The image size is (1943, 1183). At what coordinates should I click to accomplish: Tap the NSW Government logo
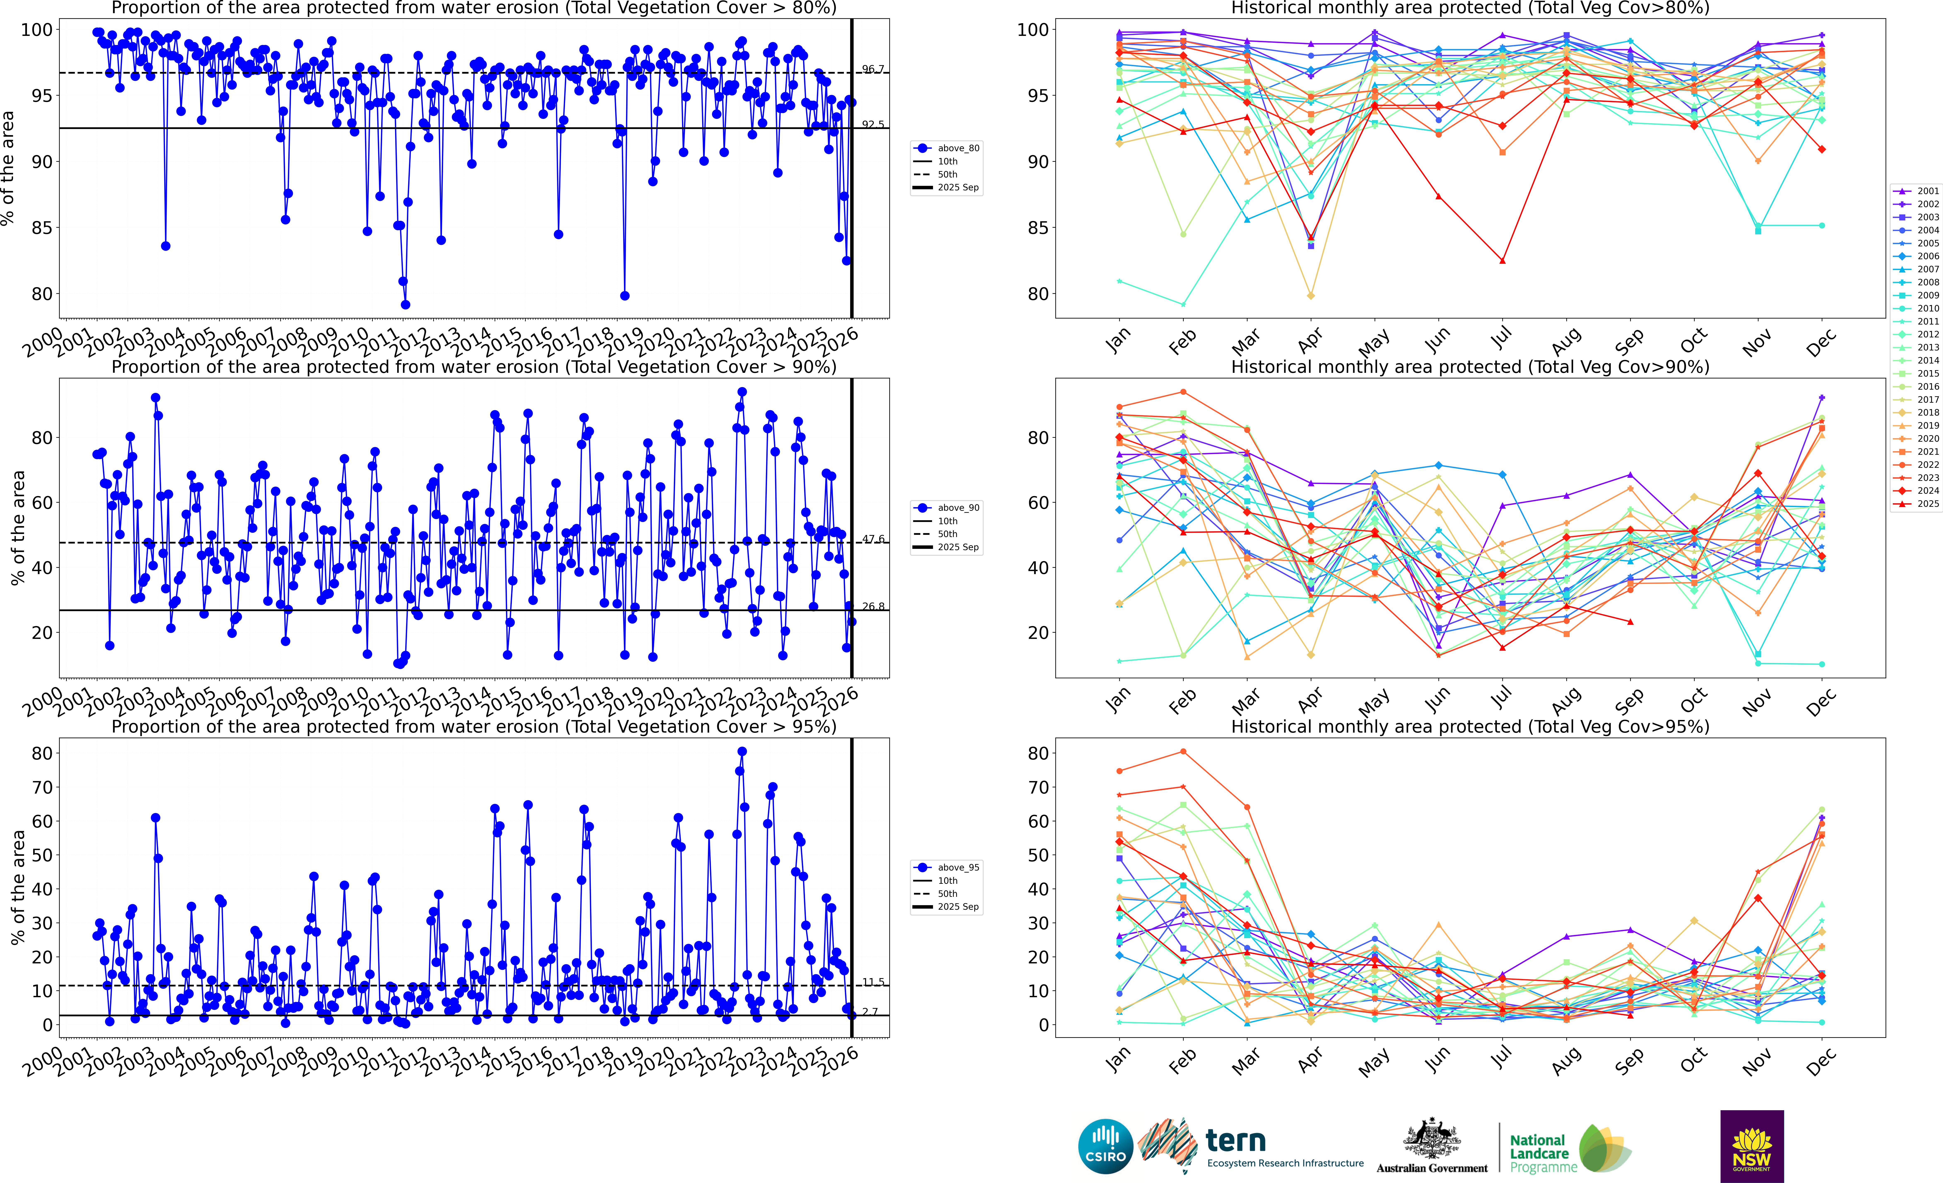(x=1751, y=1146)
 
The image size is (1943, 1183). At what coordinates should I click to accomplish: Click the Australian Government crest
(x=1431, y=1138)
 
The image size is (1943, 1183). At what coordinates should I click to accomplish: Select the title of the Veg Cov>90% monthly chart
(x=1470, y=367)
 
